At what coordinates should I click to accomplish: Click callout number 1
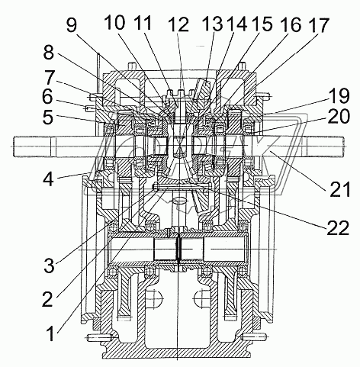[x=51, y=333]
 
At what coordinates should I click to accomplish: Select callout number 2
[x=48, y=299]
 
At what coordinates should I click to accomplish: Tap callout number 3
[x=49, y=266]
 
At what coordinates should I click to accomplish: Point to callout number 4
[x=48, y=179]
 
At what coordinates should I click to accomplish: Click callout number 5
[x=48, y=117]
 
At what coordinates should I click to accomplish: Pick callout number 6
[x=47, y=97]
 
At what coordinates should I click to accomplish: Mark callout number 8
[x=49, y=53]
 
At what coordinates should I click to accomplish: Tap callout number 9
[x=72, y=25]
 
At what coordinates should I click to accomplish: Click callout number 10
[x=114, y=22]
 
